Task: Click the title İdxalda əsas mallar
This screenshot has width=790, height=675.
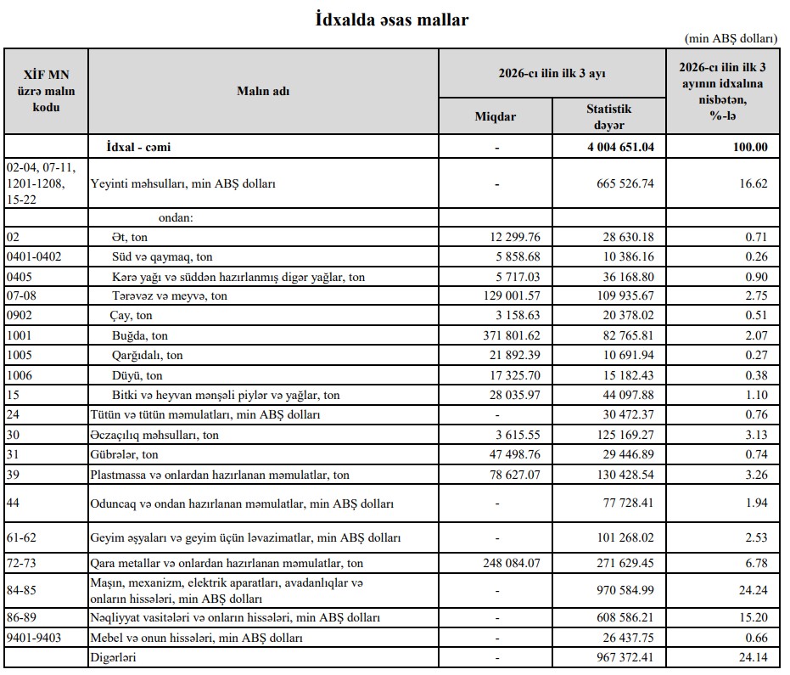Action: pyautogui.click(x=391, y=20)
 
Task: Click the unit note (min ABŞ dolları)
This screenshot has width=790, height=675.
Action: pyautogui.click(x=730, y=39)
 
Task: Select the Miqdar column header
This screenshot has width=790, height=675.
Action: pyautogui.click(x=495, y=115)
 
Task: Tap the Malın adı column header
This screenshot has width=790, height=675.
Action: pyautogui.click(x=263, y=92)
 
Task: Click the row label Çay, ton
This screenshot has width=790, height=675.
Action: pyautogui.click(x=132, y=316)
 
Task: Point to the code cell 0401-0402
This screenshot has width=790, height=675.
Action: pyautogui.click(x=34, y=257)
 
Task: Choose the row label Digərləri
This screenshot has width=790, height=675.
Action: pyautogui.click(x=115, y=657)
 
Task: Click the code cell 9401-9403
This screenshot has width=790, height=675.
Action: pyautogui.click(x=34, y=638)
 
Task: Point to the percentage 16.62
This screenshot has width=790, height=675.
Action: pyautogui.click(x=751, y=183)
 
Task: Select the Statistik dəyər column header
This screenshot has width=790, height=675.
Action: pyautogui.click(x=608, y=115)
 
